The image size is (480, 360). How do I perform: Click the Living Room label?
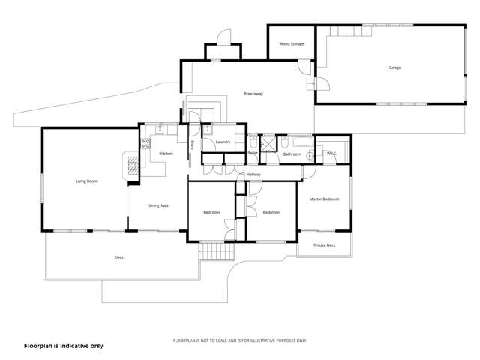click(x=86, y=181)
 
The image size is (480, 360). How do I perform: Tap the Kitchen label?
click(x=166, y=154)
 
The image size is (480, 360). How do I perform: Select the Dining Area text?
click(x=157, y=205)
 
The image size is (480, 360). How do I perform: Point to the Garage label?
click(x=394, y=67)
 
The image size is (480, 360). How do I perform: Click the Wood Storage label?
click(x=292, y=44)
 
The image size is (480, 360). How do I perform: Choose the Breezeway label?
click(x=253, y=94)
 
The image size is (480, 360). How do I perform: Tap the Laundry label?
click(x=223, y=142)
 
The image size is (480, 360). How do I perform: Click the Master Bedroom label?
click(x=324, y=199)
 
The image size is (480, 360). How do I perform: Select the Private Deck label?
click(x=324, y=245)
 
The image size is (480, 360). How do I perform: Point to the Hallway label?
click(x=253, y=175)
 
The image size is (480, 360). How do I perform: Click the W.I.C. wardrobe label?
click(x=331, y=154)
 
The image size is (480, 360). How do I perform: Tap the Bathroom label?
click(x=292, y=154)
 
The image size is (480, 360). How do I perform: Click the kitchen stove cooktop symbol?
click(x=145, y=142)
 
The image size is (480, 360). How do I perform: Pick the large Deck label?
click(x=118, y=257)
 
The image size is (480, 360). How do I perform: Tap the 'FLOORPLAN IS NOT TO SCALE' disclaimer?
click(x=239, y=340)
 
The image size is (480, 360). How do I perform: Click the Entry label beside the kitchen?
click(x=192, y=144)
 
